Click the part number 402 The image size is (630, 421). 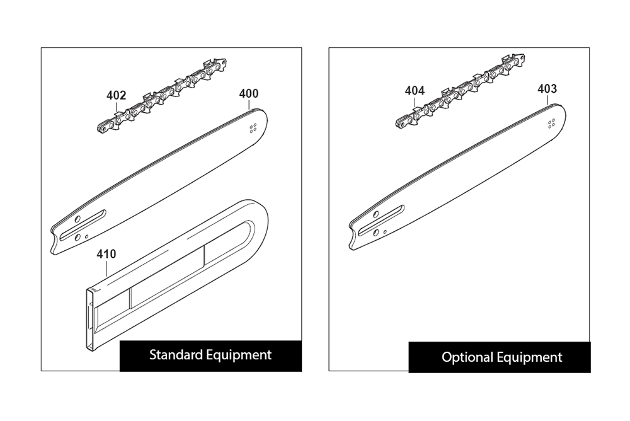tap(116, 95)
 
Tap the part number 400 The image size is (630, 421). tap(249, 94)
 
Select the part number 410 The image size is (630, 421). tap(106, 254)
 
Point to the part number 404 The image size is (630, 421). tap(415, 91)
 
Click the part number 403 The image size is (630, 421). tap(547, 89)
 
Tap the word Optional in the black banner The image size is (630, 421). tap(467, 357)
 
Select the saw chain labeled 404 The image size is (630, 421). tap(460, 91)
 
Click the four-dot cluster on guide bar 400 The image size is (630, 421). tap(253, 129)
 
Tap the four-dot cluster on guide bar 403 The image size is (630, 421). tap(552, 124)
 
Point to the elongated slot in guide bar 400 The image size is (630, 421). tap(83, 225)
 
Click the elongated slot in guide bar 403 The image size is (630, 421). tap(381, 221)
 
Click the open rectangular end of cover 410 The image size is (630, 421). tap(92, 320)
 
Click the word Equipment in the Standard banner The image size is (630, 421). tap(239, 355)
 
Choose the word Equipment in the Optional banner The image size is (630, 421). tap(529, 358)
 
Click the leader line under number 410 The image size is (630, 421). tap(106, 268)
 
